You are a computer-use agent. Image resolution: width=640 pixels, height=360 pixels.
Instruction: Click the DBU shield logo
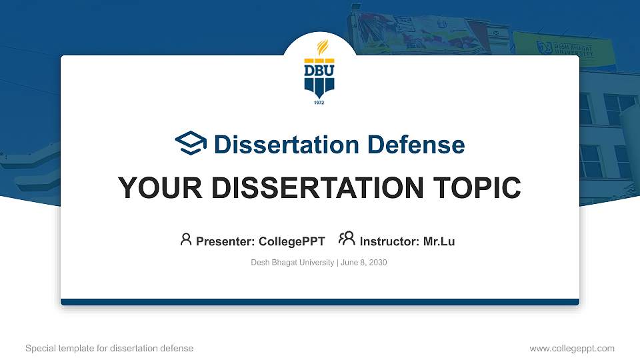[319, 77]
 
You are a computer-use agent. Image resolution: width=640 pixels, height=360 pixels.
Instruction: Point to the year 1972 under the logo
[319, 103]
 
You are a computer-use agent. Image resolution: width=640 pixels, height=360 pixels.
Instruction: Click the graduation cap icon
[191, 143]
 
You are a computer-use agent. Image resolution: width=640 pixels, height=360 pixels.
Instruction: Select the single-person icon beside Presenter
[186, 239]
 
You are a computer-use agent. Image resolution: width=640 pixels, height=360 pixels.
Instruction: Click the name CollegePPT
[291, 241]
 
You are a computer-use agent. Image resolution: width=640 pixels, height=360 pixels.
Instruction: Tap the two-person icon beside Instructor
[347, 239]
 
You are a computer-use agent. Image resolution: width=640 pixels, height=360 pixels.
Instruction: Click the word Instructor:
[390, 241]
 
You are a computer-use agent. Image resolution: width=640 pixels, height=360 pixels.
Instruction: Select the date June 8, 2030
[364, 263]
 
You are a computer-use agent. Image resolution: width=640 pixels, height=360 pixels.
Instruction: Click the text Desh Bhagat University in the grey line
[292, 263]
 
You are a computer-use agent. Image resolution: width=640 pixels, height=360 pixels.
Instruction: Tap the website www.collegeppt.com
[571, 348]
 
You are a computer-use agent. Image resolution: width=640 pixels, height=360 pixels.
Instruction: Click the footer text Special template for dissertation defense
[109, 348]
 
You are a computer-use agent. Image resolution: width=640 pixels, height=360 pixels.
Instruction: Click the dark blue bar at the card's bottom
[320, 302]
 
